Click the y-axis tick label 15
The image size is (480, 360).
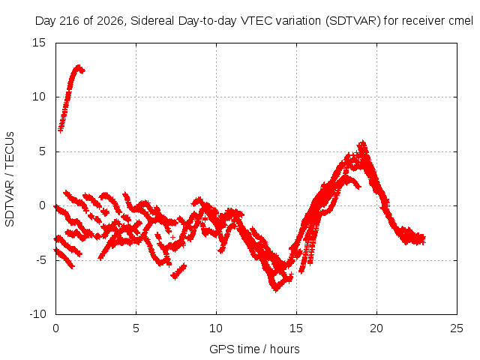tap(39, 43)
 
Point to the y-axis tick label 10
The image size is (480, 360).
tap(39, 97)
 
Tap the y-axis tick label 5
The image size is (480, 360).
tap(42, 151)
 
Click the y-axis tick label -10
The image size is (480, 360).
tap(37, 314)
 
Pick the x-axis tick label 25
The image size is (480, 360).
tap(457, 328)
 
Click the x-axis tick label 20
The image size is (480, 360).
tap(376, 328)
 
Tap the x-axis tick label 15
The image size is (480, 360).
tap(296, 328)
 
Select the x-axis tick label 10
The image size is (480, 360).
tap(216, 328)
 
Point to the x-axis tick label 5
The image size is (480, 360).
tap(136, 328)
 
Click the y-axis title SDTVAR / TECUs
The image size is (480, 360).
tap(10, 179)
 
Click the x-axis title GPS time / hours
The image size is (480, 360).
tap(254, 349)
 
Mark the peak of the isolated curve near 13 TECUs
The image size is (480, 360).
tap(79, 67)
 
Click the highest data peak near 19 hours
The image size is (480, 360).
tap(363, 142)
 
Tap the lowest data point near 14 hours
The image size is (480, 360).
tap(276, 290)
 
